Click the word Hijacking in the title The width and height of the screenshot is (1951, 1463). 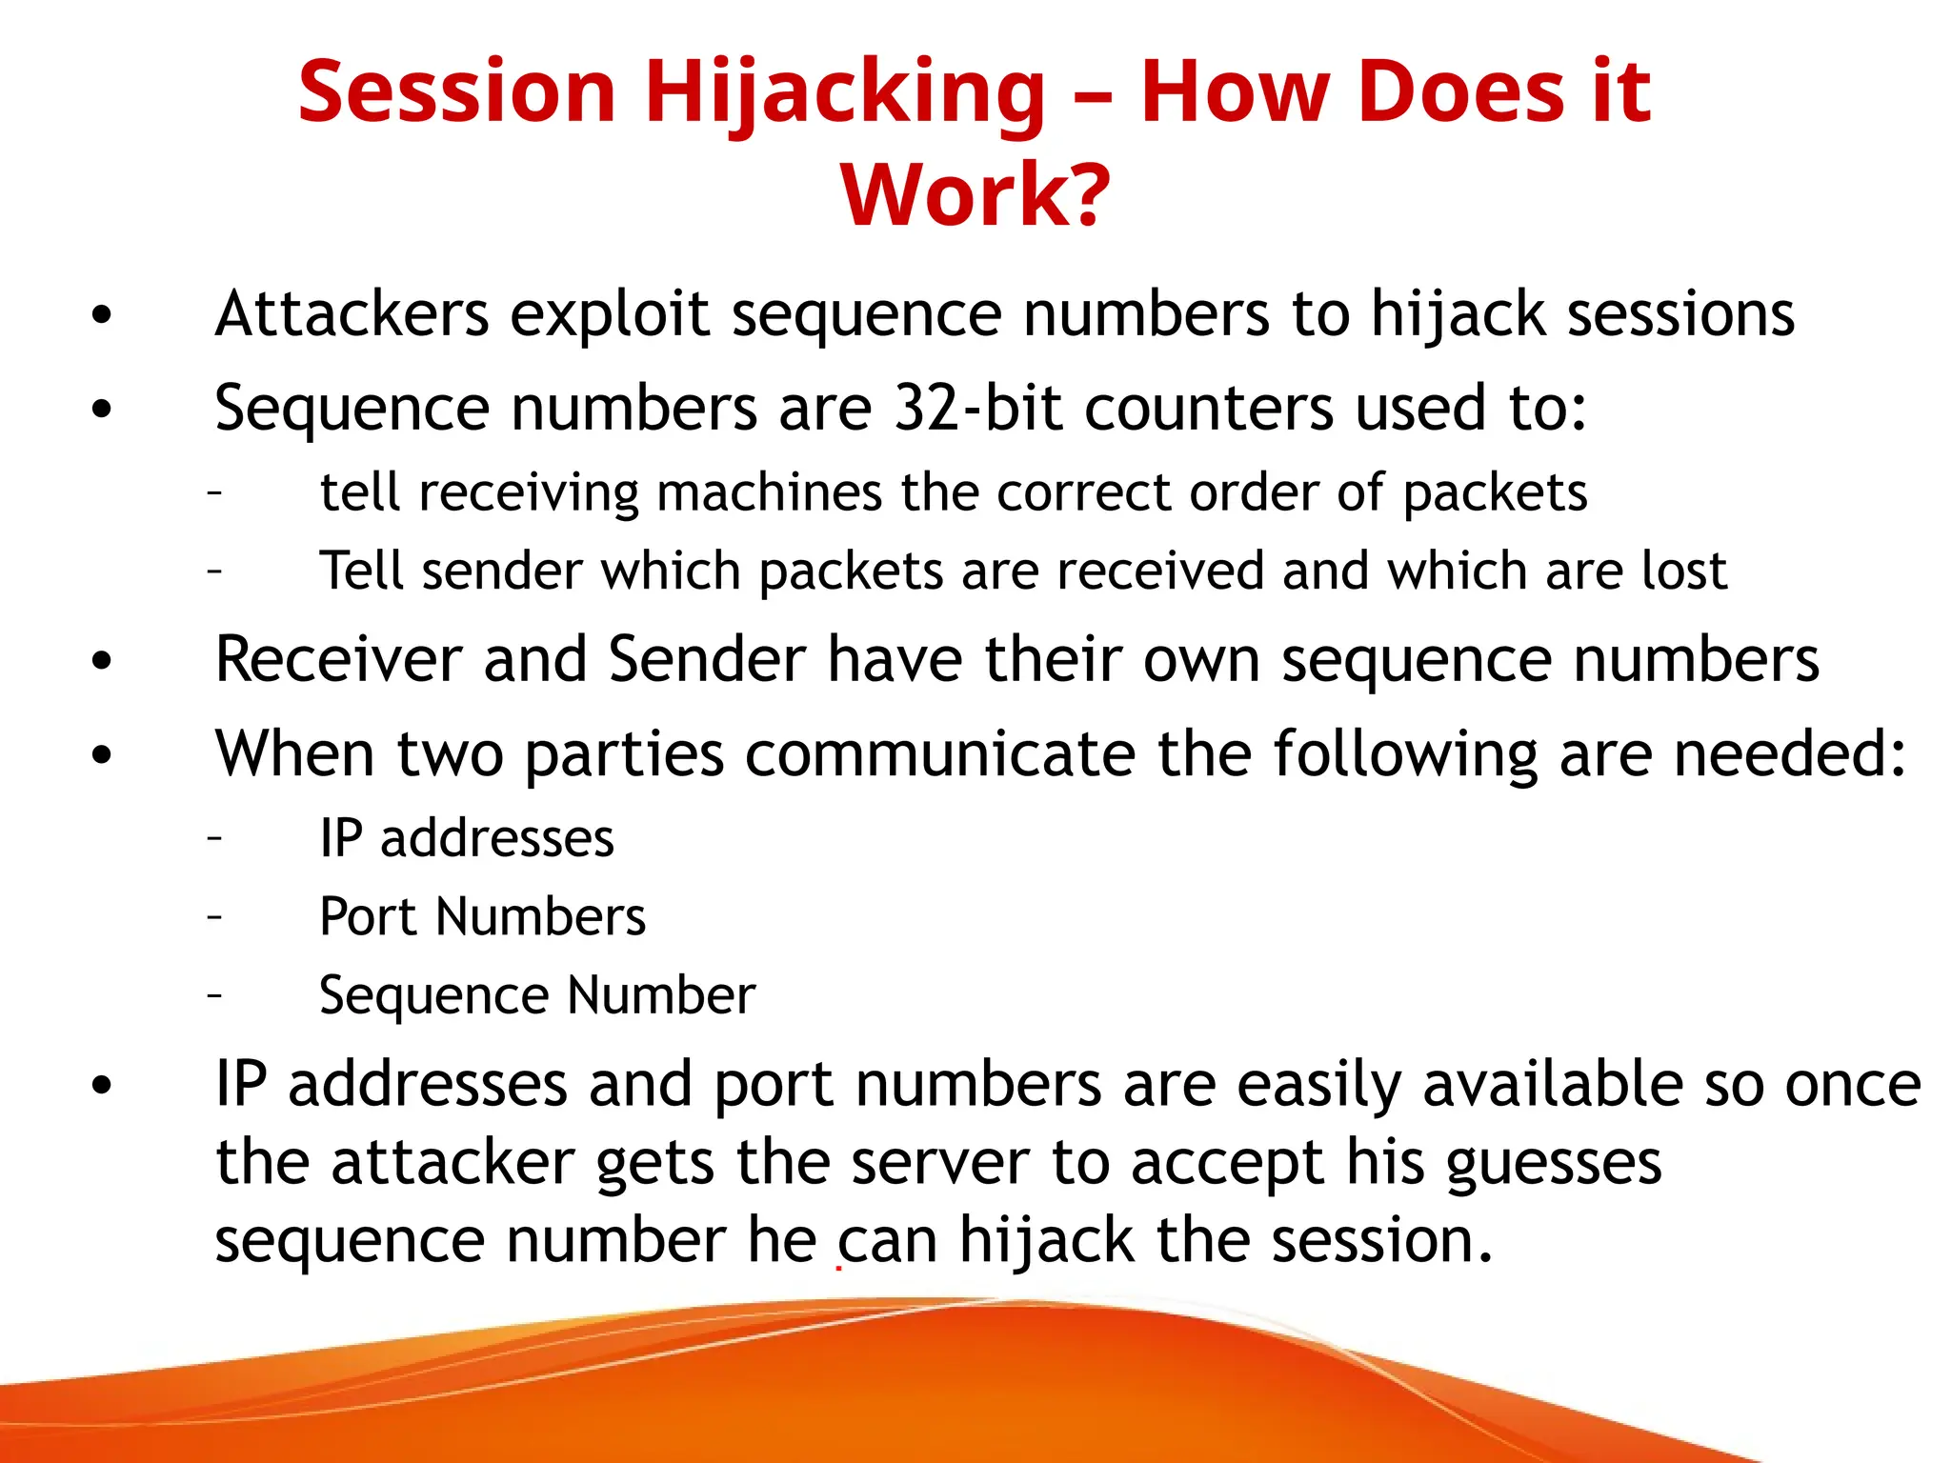845,92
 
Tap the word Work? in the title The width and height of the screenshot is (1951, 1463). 975,195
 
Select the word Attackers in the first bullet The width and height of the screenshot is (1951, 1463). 352,314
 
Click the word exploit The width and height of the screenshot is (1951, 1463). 610,314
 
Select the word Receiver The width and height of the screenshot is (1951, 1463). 339,659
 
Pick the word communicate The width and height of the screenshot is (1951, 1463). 940,754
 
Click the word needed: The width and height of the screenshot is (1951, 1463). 1790,754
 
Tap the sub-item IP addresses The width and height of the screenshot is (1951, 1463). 467,839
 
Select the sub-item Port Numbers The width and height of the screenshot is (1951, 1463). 482,917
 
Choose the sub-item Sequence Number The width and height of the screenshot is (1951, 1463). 537,996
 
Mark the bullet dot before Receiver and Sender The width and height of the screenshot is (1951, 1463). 102,661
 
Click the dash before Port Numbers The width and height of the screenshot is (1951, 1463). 215,916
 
